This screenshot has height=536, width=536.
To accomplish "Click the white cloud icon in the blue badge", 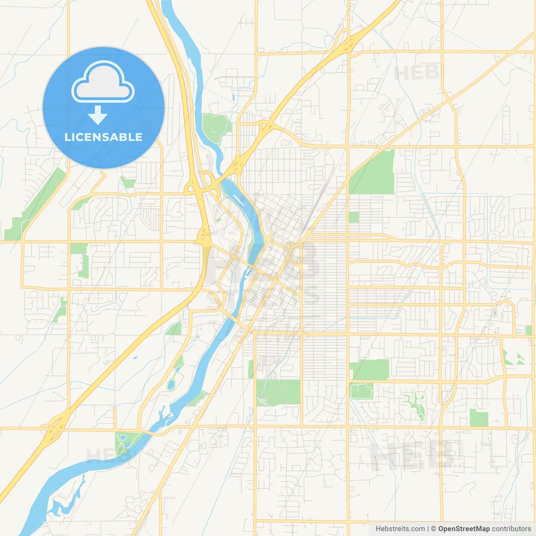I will pos(103,82).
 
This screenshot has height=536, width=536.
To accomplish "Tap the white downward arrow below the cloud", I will pos(98,115).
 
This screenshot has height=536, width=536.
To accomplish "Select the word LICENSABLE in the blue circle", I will pos(103,137).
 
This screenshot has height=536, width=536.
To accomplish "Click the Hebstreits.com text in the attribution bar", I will pos(400,529).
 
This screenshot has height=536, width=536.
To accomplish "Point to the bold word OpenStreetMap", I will pos(464,529).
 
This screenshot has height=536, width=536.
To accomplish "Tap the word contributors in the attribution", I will pos(511,529).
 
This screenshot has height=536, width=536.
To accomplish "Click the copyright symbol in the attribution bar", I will pos(433,529).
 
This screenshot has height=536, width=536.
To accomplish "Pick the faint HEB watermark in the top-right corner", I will pos(417,72).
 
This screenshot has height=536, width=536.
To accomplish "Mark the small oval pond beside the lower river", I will pos(171,384).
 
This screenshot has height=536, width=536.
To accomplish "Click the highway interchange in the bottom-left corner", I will pos(52,427).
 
